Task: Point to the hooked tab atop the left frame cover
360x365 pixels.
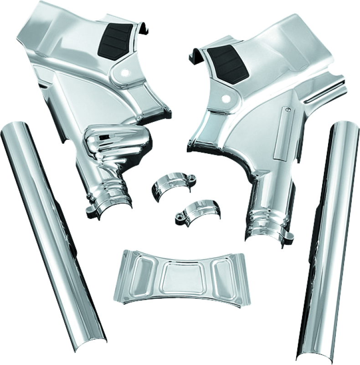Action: (145, 30)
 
